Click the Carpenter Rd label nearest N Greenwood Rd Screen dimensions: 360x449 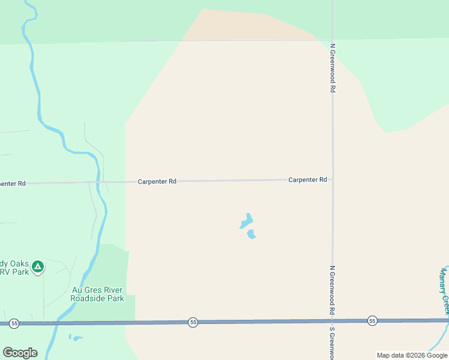(x=307, y=179)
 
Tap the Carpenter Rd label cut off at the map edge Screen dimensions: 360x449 (x=13, y=184)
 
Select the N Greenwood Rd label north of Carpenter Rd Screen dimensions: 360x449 (x=332, y=67)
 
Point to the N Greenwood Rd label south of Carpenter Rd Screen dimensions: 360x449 (x=332, y=290)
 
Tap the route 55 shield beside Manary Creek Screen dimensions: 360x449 (x=372, y=320)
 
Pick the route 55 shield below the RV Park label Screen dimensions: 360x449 (x=14, y=323)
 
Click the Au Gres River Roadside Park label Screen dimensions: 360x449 (x=97, y=294)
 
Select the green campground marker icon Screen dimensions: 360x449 (x=38, y=266)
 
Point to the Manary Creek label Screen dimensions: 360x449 (x=444, y=290)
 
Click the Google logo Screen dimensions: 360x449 (x=20, y=353)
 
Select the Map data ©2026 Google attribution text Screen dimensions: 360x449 (x=412, y=355)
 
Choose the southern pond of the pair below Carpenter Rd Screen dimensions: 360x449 (x=252, y=234)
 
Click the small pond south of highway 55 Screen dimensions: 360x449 (x=76, y=338)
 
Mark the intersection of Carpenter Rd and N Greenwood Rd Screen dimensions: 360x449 (x=333, y=179)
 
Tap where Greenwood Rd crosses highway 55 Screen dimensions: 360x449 (x=333, y=322)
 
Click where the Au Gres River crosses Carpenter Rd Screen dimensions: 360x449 (x=103, y=181)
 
